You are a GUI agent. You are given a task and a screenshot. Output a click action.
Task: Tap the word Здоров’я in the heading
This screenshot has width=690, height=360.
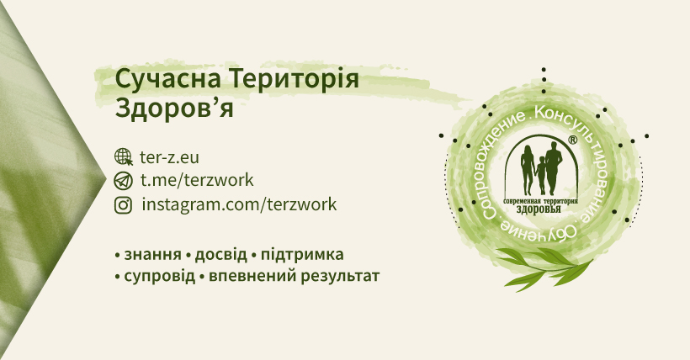pos(174,108)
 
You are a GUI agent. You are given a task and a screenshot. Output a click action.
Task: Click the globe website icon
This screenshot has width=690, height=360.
pos(123,157)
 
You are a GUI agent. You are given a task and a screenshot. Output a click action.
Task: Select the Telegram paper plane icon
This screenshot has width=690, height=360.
pos(123,181)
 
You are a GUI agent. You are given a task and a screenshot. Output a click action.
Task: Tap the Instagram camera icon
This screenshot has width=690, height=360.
pos(123,204)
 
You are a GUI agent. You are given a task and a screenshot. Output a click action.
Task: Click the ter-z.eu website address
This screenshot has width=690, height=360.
pos(169,157)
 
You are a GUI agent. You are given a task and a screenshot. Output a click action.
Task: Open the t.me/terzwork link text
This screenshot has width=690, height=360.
pos(197,180)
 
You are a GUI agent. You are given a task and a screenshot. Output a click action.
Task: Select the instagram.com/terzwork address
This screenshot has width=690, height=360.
pos(239,204)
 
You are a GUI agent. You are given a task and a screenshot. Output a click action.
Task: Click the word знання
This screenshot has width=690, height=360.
pos(152,255)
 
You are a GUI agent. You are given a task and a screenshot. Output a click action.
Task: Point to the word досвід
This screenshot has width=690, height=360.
pos(221,255)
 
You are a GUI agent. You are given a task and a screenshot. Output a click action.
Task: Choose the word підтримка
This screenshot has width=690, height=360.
pos(302,255)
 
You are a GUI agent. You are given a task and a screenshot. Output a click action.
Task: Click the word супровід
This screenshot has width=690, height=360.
pos(159,277)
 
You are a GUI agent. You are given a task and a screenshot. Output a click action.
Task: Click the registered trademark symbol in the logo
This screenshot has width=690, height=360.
pos(572,140)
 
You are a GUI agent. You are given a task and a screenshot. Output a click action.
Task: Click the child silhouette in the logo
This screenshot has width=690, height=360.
pos(541,175)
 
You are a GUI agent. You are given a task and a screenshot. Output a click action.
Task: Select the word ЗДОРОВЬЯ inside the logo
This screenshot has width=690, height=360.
pos(539,209)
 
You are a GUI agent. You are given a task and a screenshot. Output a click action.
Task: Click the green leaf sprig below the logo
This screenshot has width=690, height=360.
pos(544,267)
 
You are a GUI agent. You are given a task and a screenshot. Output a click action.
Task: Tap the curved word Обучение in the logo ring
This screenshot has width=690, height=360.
pos(539,230)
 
